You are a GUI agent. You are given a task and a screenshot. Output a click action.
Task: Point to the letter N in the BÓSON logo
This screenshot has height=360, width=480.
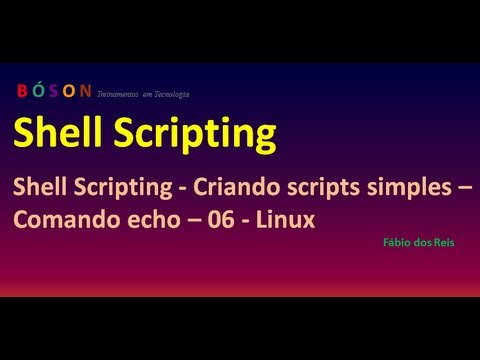coord(86,92)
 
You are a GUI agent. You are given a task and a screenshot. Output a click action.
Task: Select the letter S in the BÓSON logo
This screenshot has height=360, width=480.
coord(55,92)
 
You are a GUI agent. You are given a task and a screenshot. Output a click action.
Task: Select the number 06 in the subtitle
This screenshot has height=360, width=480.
coord(215,220)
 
